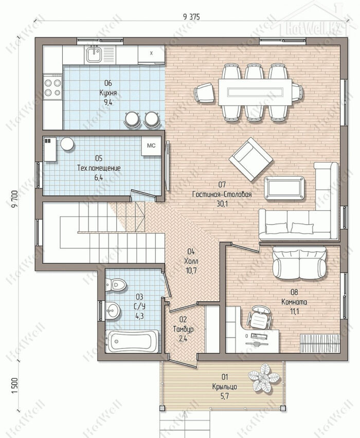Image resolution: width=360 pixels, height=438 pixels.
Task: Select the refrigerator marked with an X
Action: click(151, 55)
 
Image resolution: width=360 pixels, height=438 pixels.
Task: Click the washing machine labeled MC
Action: click(151, 146)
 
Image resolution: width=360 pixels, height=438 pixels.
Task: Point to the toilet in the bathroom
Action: click(116, 285)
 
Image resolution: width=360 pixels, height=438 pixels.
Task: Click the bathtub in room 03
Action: click(133, 341)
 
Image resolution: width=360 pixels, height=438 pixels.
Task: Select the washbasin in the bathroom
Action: click(113, 310)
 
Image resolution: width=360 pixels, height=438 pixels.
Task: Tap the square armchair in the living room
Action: click(251, 159)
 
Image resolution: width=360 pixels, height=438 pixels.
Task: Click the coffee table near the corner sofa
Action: click(285, 188)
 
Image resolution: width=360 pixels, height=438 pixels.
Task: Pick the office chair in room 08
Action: click(259, 317)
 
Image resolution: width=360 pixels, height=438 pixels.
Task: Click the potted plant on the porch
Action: click(264, 378)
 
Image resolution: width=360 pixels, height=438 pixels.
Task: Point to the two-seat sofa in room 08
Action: click(299, 263)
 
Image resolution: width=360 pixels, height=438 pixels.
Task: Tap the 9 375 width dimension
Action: click(191, 17)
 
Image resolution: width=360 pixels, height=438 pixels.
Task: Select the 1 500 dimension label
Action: click(15, 386)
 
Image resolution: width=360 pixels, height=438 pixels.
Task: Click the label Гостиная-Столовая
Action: click(222, 194)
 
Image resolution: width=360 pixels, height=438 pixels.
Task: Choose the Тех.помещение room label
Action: click(99, 168)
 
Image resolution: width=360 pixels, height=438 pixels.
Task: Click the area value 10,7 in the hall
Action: click(191, 270)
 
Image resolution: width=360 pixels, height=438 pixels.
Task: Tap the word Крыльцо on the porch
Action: click(225, 387)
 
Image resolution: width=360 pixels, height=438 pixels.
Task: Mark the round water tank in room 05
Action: click(67, 144)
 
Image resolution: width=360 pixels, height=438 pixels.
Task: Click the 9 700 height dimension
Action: click(15, 199)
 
